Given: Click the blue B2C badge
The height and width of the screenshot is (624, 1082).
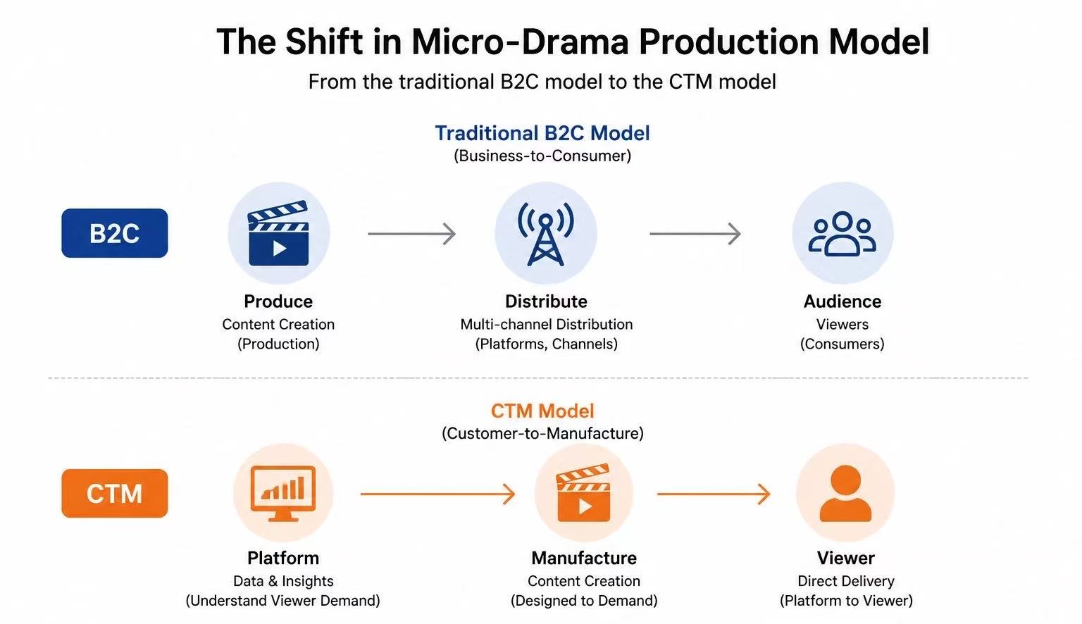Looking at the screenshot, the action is [115, 233].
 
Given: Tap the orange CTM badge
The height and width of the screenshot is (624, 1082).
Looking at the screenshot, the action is [115, 493].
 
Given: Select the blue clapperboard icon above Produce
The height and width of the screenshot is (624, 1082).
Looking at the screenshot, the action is [278, 233].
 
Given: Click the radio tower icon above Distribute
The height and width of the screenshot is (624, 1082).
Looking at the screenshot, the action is [546, 234].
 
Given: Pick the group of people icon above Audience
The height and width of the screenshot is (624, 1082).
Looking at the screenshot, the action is [842, 234].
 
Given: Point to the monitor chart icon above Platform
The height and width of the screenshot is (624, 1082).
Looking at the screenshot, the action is [283, 493].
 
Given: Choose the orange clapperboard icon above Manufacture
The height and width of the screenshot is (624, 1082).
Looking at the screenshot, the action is [583, 492].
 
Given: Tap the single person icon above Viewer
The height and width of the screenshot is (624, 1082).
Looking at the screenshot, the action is [845, 493].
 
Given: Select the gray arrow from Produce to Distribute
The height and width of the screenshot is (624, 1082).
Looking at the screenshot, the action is [411, 234].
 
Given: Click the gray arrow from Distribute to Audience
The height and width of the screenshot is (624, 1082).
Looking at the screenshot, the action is [695, 234].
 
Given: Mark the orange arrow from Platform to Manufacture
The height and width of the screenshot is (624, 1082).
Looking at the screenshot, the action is [437, 494].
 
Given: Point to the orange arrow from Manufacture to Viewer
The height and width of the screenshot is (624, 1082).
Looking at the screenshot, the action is [714, 494].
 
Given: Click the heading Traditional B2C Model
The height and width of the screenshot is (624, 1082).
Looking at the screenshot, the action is [542, 133].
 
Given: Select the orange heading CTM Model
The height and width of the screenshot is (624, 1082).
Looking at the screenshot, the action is [542, 411].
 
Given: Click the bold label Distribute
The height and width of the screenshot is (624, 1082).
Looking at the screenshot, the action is [546, 301].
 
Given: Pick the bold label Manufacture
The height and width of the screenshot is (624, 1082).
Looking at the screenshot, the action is [584, 558].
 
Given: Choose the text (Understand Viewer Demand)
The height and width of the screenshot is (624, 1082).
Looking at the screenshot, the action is [283, 600].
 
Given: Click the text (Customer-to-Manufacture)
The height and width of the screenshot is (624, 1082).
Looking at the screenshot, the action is [542, 433].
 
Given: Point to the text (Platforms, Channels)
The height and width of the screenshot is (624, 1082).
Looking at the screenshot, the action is [547, 344].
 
